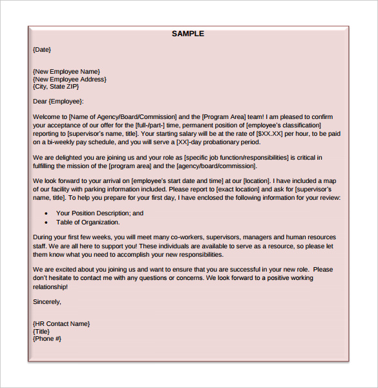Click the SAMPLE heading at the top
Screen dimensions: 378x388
coord(188,34)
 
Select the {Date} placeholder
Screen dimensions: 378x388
coord(41,50)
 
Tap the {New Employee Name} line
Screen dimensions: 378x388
coord(66,72)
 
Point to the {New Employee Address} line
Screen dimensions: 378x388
coord(69,80)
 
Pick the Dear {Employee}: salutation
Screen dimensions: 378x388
coord(58,102)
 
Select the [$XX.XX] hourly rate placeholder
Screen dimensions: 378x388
coord(269,133)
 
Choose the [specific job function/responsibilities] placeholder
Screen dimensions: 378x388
coord(236,157)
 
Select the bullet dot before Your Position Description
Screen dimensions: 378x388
coord(46,213)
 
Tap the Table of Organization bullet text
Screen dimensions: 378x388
coord(88,222)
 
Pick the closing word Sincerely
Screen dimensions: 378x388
coord(47,301)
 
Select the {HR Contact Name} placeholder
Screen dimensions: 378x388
coord(61,323)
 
